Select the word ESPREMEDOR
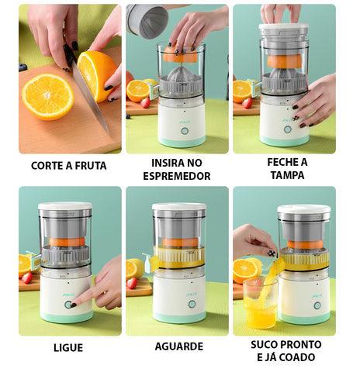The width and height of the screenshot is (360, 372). click(177, 176)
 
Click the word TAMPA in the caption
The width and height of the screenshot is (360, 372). click(287, 175)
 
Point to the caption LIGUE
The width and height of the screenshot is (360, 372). click(68, 348)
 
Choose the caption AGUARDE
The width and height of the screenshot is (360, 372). click(179, 346)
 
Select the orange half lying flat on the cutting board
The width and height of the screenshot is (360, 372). click(48, 97)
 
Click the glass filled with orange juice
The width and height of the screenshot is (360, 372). click(260, 305)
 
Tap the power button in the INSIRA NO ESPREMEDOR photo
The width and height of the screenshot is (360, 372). click(185, 131)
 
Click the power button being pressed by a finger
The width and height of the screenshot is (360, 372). click(68, 305)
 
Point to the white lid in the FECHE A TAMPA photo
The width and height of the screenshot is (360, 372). click(284, 26)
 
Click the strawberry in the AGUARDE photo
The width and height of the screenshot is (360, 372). click(132, 283)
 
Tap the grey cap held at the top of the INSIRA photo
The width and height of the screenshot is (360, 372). click(147, 21)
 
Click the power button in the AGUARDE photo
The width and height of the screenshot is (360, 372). click(192, 304)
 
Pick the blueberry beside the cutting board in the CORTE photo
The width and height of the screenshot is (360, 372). click(22, 67)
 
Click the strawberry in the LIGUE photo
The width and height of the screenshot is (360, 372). click(27, 278)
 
